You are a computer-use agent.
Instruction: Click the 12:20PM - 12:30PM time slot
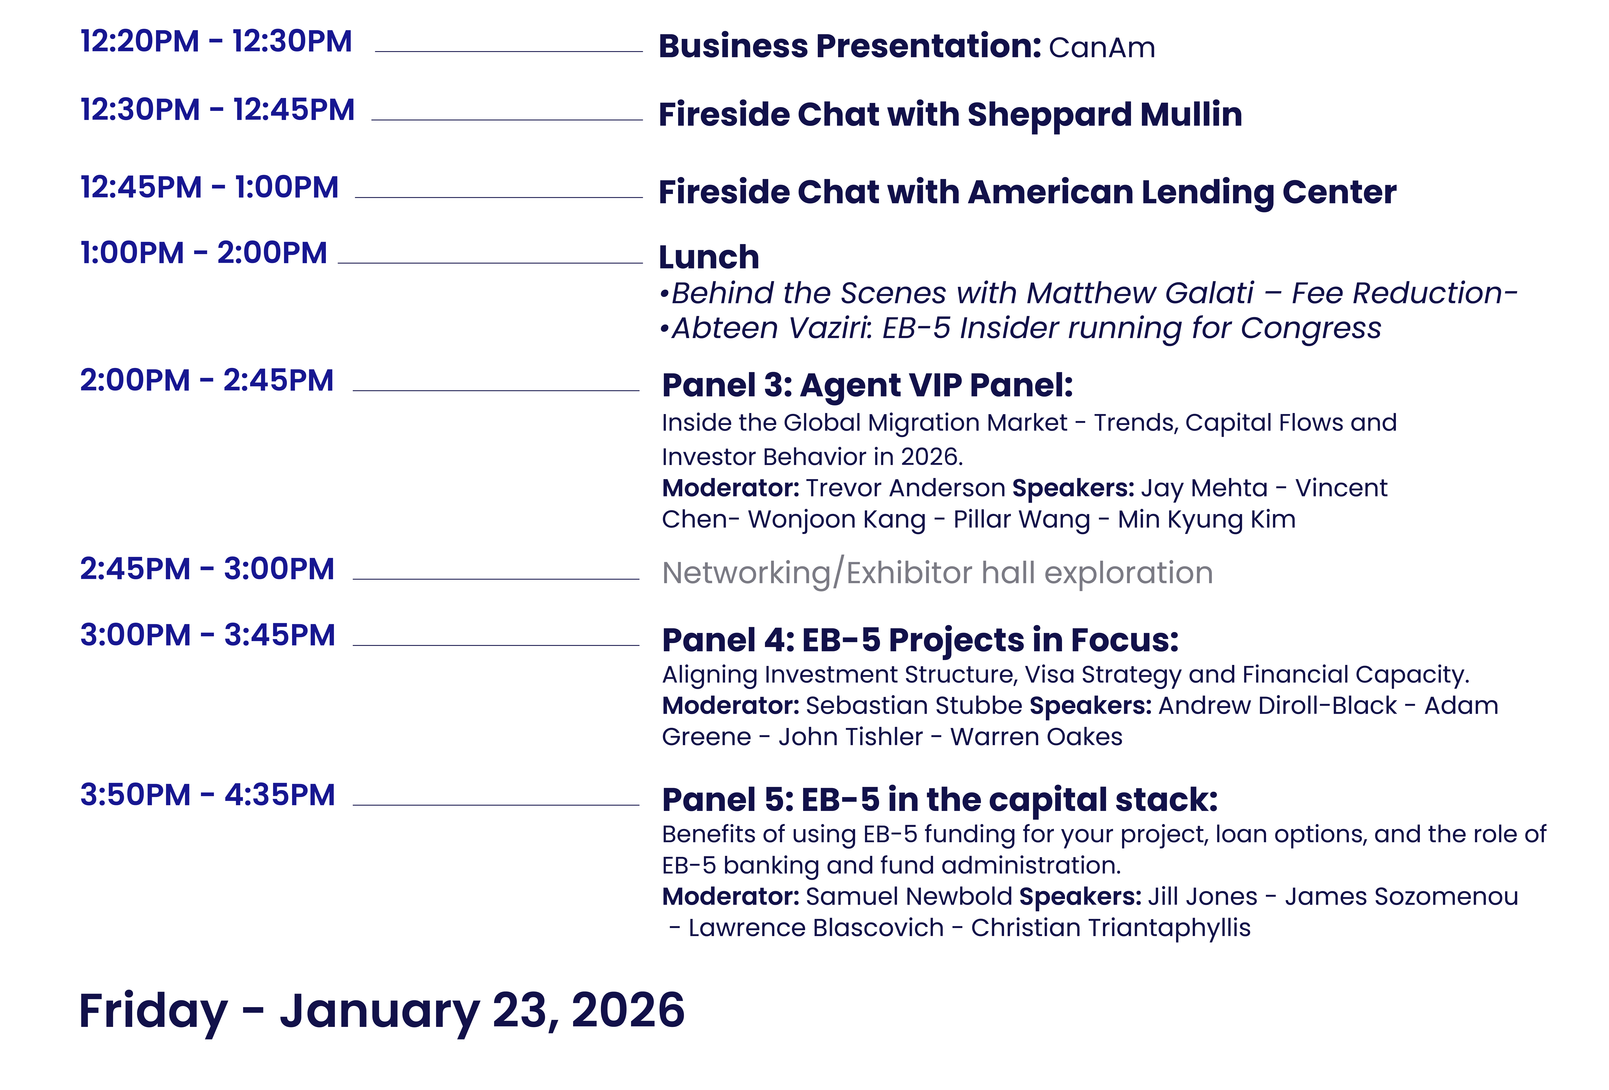coord(216,41)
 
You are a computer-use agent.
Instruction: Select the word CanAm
coord(1101,48)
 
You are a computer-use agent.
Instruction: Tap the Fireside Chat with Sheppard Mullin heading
coord(950,115)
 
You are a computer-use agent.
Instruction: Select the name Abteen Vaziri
coord(771,328)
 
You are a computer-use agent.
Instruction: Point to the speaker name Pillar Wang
coord(1021,519)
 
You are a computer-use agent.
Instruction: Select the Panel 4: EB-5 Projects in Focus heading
coord(920,640)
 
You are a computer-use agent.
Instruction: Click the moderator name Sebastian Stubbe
coord(914,706)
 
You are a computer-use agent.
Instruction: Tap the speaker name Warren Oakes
coord(1036,737)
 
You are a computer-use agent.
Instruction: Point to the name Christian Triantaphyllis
coord(1111,928)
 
